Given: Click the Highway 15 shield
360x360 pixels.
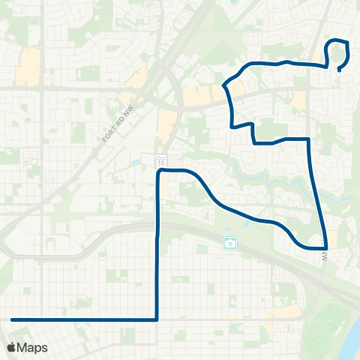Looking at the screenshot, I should [x=161, y=161].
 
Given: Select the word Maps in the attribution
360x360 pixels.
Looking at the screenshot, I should [x=33, y=347].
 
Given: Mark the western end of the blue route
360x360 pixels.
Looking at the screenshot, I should [x=12, y=319].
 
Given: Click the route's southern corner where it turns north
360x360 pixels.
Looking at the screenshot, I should [x=157, y=319].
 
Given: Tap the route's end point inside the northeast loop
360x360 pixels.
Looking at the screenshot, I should [x=339, y=70].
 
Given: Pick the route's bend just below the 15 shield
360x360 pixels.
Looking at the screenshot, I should [x=158, y=172].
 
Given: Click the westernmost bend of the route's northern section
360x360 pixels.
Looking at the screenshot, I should [x=224, y=85].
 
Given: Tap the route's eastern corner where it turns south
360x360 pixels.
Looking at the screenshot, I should [x=309, y=139].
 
